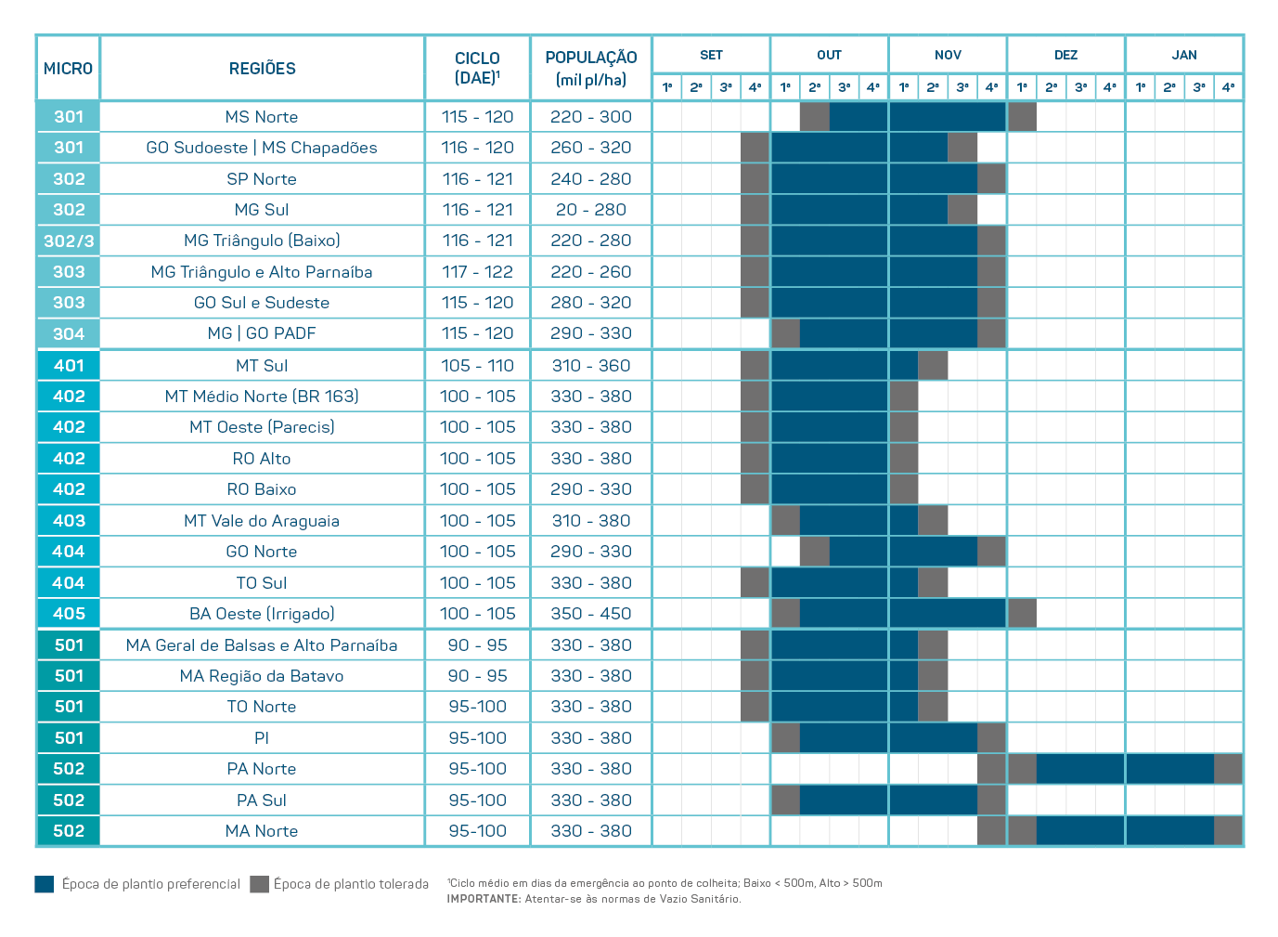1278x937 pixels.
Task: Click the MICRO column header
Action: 68,69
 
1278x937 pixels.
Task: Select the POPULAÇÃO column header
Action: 591,68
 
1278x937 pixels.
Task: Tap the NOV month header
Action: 948,55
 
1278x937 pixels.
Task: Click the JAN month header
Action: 1184,55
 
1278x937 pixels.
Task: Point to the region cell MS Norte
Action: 262,117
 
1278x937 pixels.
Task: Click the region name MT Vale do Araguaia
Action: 262,521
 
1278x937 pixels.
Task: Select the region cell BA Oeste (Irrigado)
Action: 262,614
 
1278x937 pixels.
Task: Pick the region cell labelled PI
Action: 262,738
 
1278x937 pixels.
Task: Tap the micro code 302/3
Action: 69,241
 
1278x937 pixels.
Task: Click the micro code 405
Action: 69,614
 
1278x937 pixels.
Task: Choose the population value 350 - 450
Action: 591,614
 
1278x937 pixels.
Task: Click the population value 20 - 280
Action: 591,210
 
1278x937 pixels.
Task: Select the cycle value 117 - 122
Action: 478,272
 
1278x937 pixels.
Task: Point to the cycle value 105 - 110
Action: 478,366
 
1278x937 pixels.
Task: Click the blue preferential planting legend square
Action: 45,884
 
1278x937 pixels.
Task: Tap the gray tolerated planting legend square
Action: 259,884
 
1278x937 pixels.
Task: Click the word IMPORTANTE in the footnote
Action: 484,899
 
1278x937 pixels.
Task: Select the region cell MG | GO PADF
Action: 262,333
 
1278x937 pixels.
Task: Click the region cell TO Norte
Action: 262,707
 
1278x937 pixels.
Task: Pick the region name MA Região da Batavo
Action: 262,676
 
